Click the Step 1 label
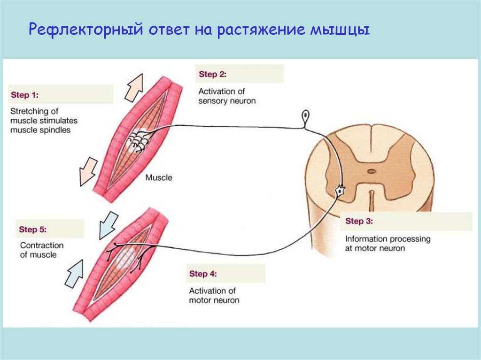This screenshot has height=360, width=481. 25,95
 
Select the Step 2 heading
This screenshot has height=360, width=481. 213,74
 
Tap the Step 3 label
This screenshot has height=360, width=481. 359,221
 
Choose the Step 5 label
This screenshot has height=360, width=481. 33,230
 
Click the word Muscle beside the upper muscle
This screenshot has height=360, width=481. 159,178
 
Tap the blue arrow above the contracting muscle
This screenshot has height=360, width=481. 109,224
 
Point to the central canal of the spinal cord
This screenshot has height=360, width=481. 371,172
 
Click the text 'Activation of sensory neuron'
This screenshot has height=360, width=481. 227,96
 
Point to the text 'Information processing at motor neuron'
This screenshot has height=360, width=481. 388,244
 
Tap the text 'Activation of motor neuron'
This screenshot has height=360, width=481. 214,295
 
